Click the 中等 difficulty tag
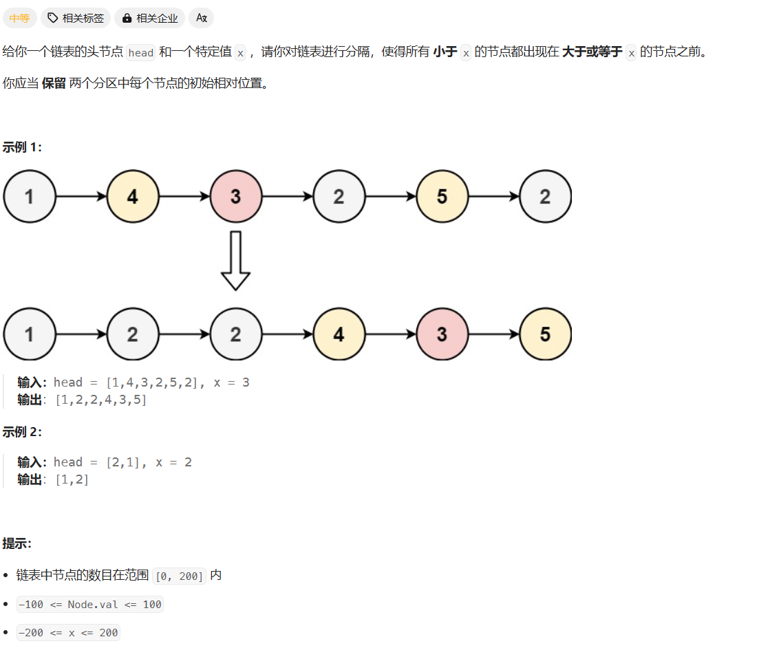click(x=19, y=18)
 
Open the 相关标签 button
click(x=76, y=18)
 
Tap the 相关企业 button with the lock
click(x=150, y=18)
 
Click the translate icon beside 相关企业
click(x=202, y=18)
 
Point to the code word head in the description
click(x=141, y=53)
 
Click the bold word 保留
click(x=54, y=84)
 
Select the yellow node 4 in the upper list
click(x=133, y=197)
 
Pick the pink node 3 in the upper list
click(x=236, y=197)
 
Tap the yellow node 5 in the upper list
click(x=442, y=197)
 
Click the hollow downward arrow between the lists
click(x=235, y=261)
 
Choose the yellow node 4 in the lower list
click(x=339, y=334)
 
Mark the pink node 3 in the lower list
click(x=442, y=334)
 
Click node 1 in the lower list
click(x=29, y=334)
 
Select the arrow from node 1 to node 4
click(x=81, y=197)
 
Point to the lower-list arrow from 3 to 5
click(x=493, y=334)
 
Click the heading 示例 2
click(x=22, y=432)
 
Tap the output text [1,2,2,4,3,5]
click(x=100, y=400)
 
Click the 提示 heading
click(x=17, y=543)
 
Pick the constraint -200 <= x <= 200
click(x=68, y=632)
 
